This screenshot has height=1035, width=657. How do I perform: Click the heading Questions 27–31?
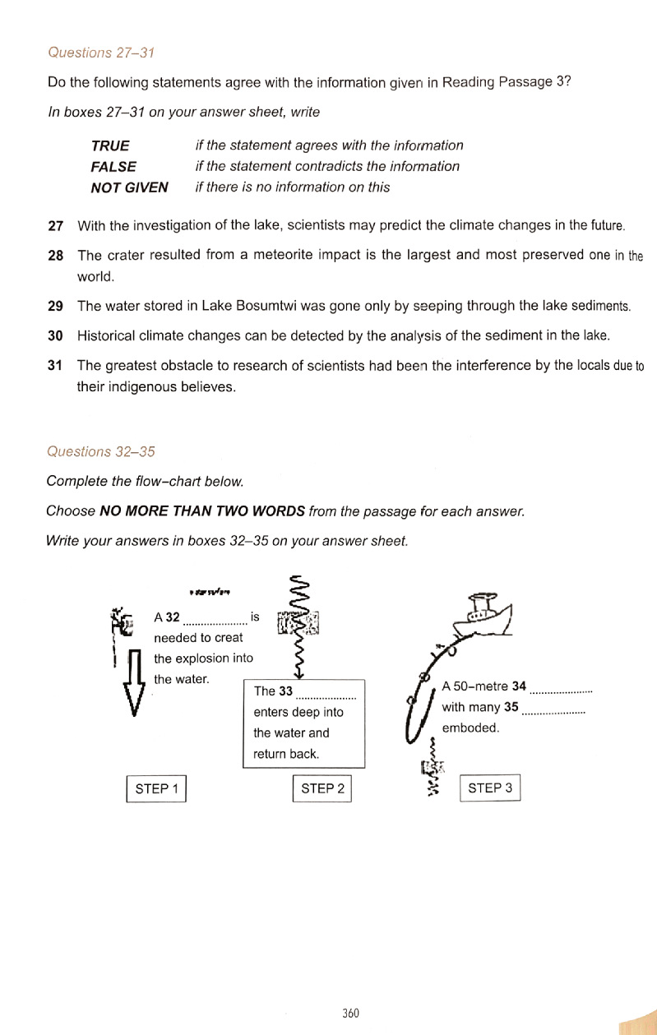101,53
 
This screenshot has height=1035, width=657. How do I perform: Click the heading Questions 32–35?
101,451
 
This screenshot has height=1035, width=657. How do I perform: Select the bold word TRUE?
110,146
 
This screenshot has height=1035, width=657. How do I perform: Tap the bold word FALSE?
113,166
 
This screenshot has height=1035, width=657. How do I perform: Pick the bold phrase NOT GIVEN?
129,187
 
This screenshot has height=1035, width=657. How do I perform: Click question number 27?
56,225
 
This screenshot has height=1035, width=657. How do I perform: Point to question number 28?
56,255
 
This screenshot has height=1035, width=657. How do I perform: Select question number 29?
56,307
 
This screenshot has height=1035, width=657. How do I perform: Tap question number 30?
56,335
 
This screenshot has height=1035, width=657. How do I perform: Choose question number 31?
56,366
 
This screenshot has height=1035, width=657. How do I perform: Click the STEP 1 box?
157,788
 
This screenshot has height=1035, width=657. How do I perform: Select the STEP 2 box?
322,788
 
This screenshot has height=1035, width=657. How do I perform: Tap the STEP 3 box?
490,788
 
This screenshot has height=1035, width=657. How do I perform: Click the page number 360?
350,1013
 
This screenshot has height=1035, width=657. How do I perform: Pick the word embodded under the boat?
470,728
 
